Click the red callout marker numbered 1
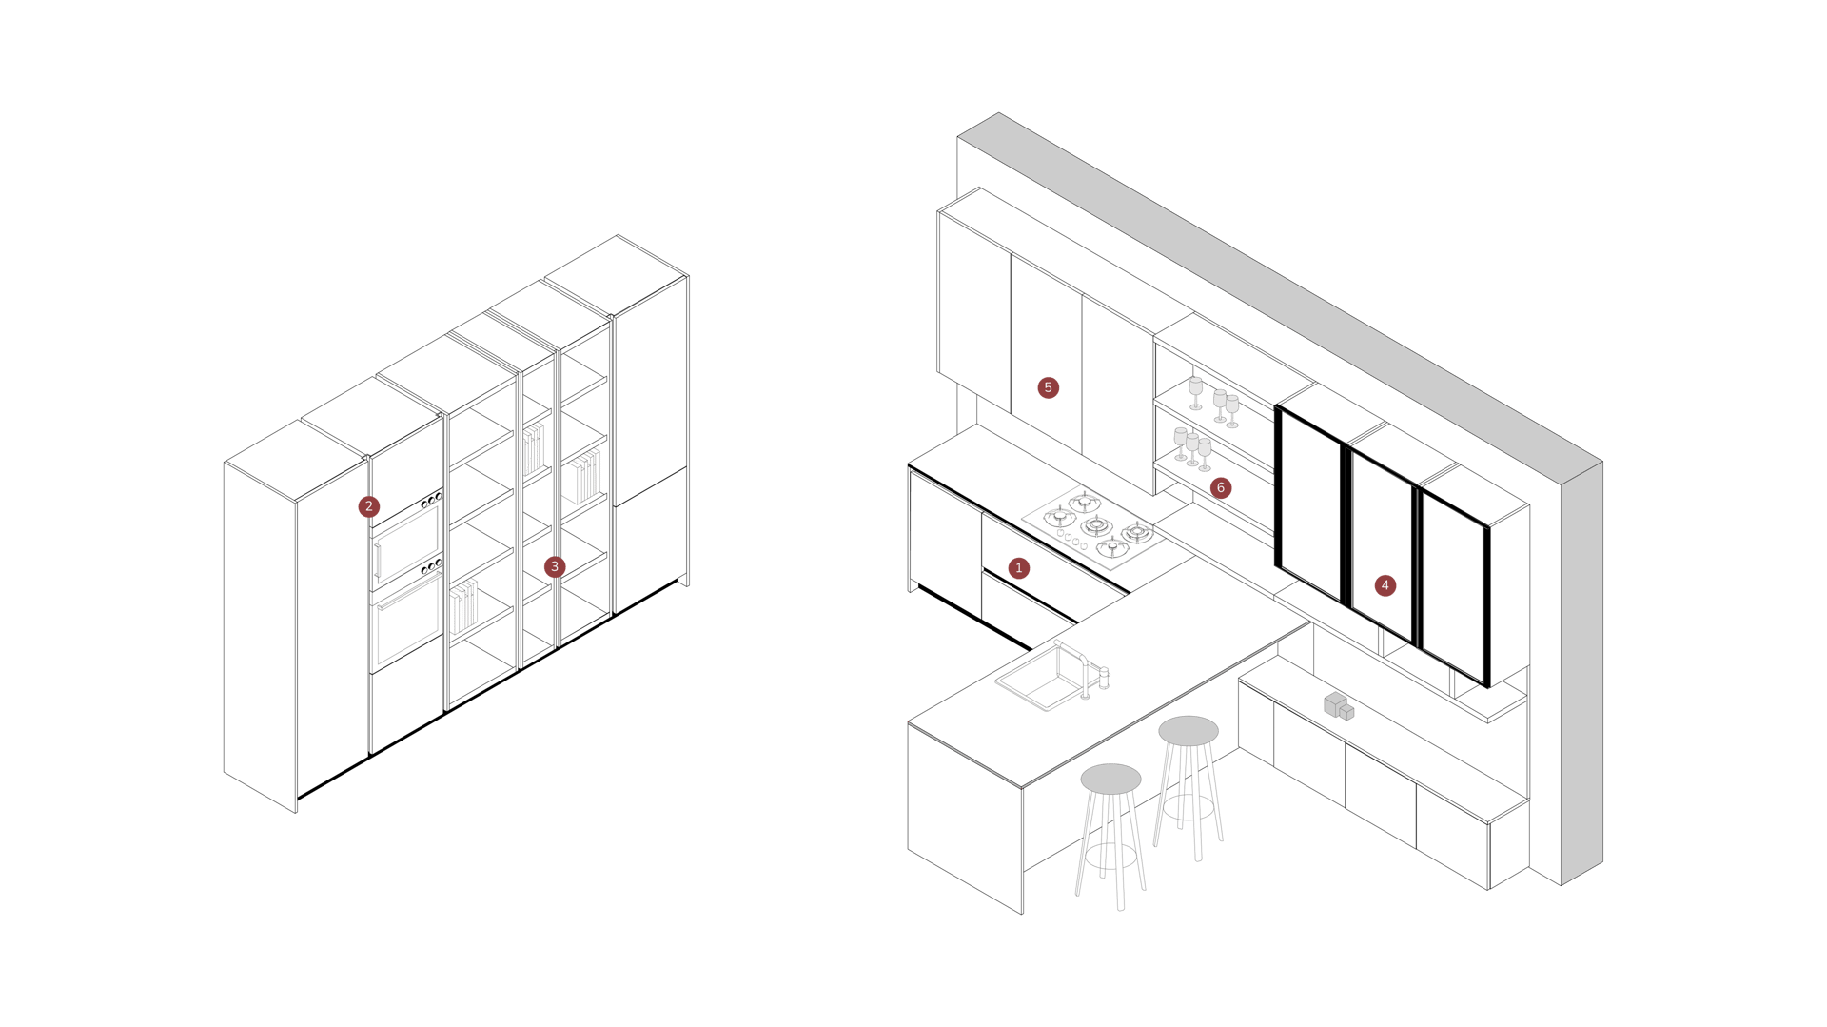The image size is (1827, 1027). pos(1018,568)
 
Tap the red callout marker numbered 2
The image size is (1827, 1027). pos(369,506)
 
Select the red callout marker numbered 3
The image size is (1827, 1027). pos(555,566)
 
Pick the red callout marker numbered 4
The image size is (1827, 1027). pos(1385,585)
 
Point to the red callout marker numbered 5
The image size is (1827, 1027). pos(1048,387)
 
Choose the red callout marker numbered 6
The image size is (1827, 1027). pos(1221,488)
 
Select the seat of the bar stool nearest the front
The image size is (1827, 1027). pos(1110,778)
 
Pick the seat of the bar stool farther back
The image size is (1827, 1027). pos(1188,730)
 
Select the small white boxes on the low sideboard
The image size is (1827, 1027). pos(1338,706)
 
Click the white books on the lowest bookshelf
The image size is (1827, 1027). pos(464,608)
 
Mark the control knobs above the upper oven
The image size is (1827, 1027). pos(431,499)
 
